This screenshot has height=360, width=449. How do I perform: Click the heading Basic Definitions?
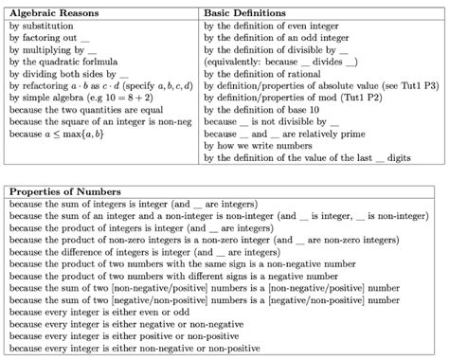(x=243, y=11)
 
